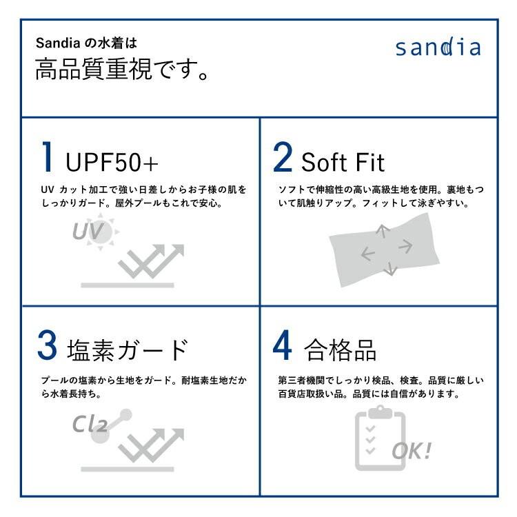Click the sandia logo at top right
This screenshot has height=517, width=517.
pos(438,48)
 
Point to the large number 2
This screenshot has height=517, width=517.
pos(283,158)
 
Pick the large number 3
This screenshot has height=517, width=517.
pos(47,347)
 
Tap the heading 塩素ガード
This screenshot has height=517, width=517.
pos(128,349)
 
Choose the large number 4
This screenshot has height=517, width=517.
pos(283,347)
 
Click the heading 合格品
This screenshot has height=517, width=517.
pos(340,350)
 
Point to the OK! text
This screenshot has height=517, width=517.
pos(412,451)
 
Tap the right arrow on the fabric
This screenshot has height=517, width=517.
pos(405,245)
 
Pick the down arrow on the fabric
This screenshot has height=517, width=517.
pos(391,268)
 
